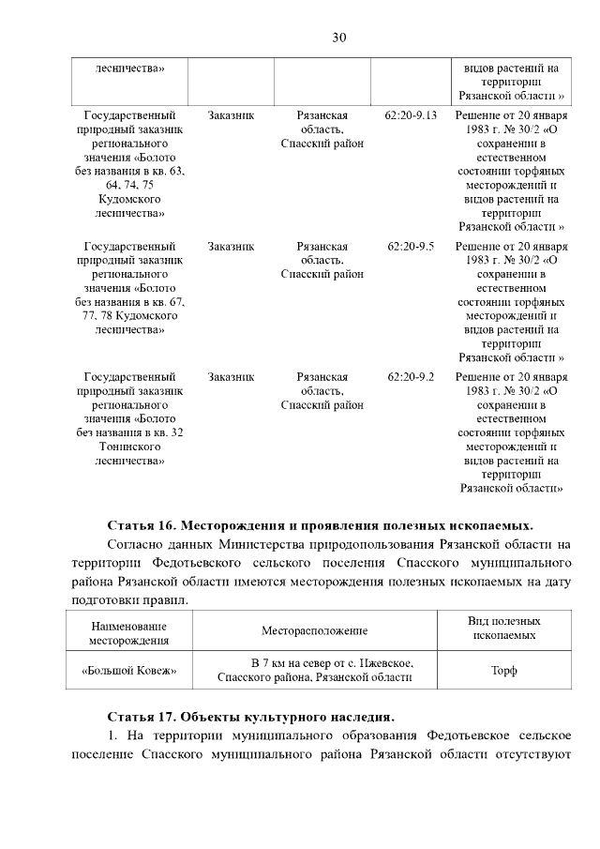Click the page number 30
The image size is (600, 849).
coord(339,38)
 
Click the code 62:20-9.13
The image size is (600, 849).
coord(411,114)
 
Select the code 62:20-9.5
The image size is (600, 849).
coord(411,247)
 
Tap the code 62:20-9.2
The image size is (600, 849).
coord(411,377)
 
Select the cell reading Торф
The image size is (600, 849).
coord(504,671)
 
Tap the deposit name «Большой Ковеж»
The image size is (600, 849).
coord(130,671)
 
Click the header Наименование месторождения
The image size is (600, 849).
coord(130,632)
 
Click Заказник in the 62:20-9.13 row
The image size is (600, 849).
coord(231,114)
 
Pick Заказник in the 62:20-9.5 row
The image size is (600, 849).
coord(231,247)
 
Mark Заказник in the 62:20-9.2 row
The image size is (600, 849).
coord(231,377)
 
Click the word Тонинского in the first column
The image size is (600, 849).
coord(130,447)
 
